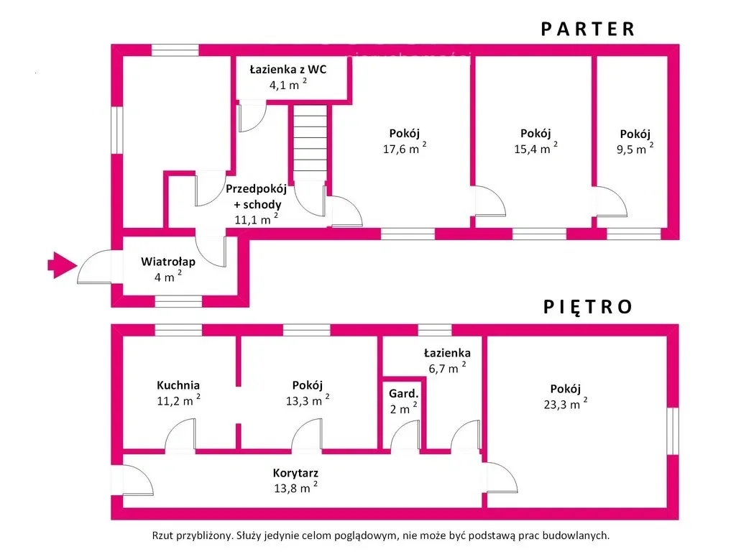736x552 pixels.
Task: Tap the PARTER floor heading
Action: tap(588, 29)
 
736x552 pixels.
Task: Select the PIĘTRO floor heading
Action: tap(588, 307)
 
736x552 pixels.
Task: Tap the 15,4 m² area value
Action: tap(535, 149)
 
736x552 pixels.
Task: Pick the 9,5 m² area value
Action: tap(635, 149)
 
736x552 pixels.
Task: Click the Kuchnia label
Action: tap(178, 385)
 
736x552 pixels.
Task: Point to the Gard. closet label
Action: tap(403, 394)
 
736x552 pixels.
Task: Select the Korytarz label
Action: tap(295, 474)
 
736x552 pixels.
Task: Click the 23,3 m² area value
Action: tap(565, 404)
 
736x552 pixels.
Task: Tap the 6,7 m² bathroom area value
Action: tap(446, 369)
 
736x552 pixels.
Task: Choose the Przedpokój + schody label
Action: tap(256, 197)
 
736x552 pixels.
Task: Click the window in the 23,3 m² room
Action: tap(672, 431)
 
